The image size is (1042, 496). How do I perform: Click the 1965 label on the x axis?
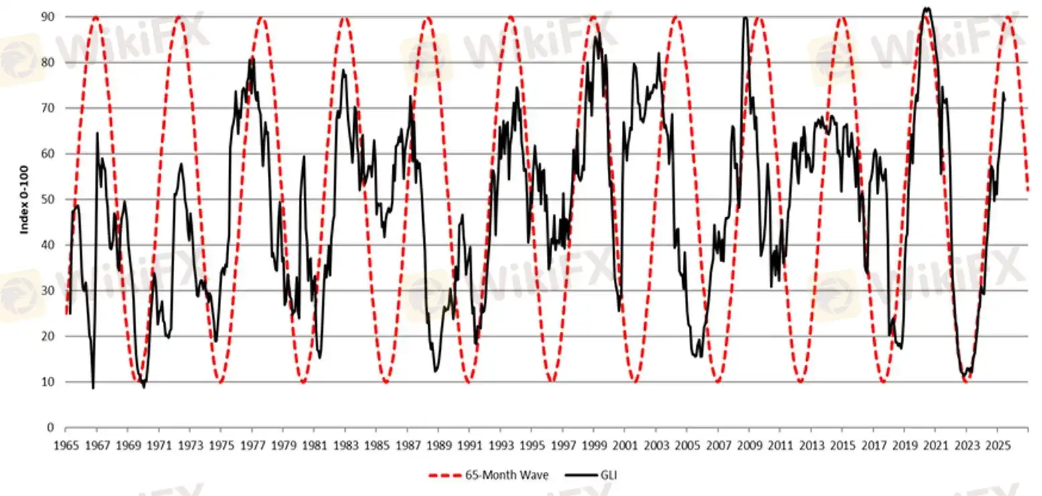coord(65,445)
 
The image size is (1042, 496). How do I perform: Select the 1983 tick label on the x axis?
coord(345,445)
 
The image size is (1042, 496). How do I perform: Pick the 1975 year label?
coord(220,445)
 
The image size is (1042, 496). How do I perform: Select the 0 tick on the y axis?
coord(51,427)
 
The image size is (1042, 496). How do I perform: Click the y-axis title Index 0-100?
coord(25,199)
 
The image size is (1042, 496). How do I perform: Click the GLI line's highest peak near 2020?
coord(927,9)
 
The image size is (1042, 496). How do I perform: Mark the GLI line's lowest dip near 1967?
coord(93,387)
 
